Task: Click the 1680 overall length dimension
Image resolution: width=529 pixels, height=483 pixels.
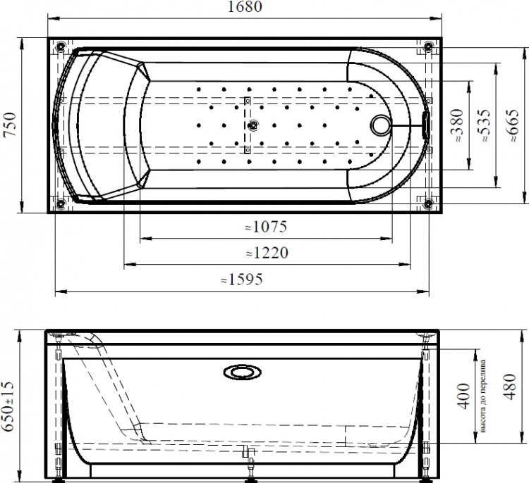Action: click(x=245, y=7)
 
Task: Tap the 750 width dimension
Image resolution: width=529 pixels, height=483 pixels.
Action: click(x=10, y=125)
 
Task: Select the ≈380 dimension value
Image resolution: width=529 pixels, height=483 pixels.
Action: click(x=458, y=125)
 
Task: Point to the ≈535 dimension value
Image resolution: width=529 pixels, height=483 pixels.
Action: click(x=485, y=125)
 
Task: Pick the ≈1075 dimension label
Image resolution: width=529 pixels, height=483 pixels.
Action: click(x=266, y=227)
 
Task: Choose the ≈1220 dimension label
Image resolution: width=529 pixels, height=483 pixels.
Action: click(x=267, y=253)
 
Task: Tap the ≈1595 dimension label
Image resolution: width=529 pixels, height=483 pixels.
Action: click(x=241, y=280)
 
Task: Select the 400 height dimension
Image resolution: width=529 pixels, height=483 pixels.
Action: click(x=464, y=396)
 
